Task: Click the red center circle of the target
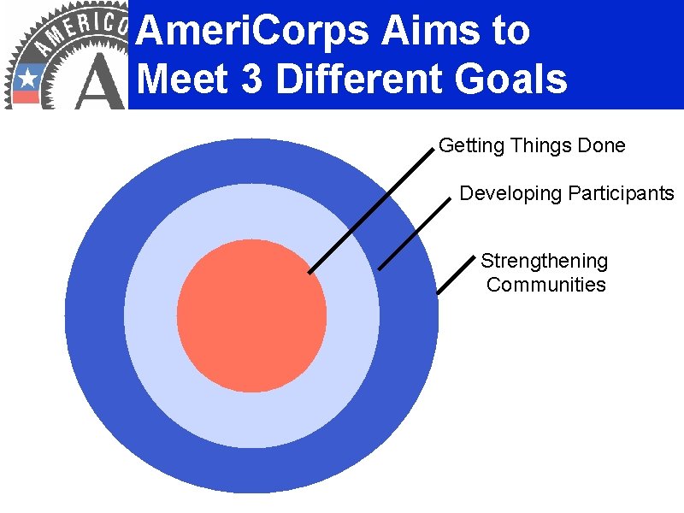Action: (x=251, y=316)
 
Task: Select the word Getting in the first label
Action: (x=471, y=146)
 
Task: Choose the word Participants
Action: (x=621, y=194)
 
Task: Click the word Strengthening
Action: (x=545, y=261)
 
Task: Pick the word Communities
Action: (x=545, y=285)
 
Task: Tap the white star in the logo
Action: (x=27, y=79)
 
